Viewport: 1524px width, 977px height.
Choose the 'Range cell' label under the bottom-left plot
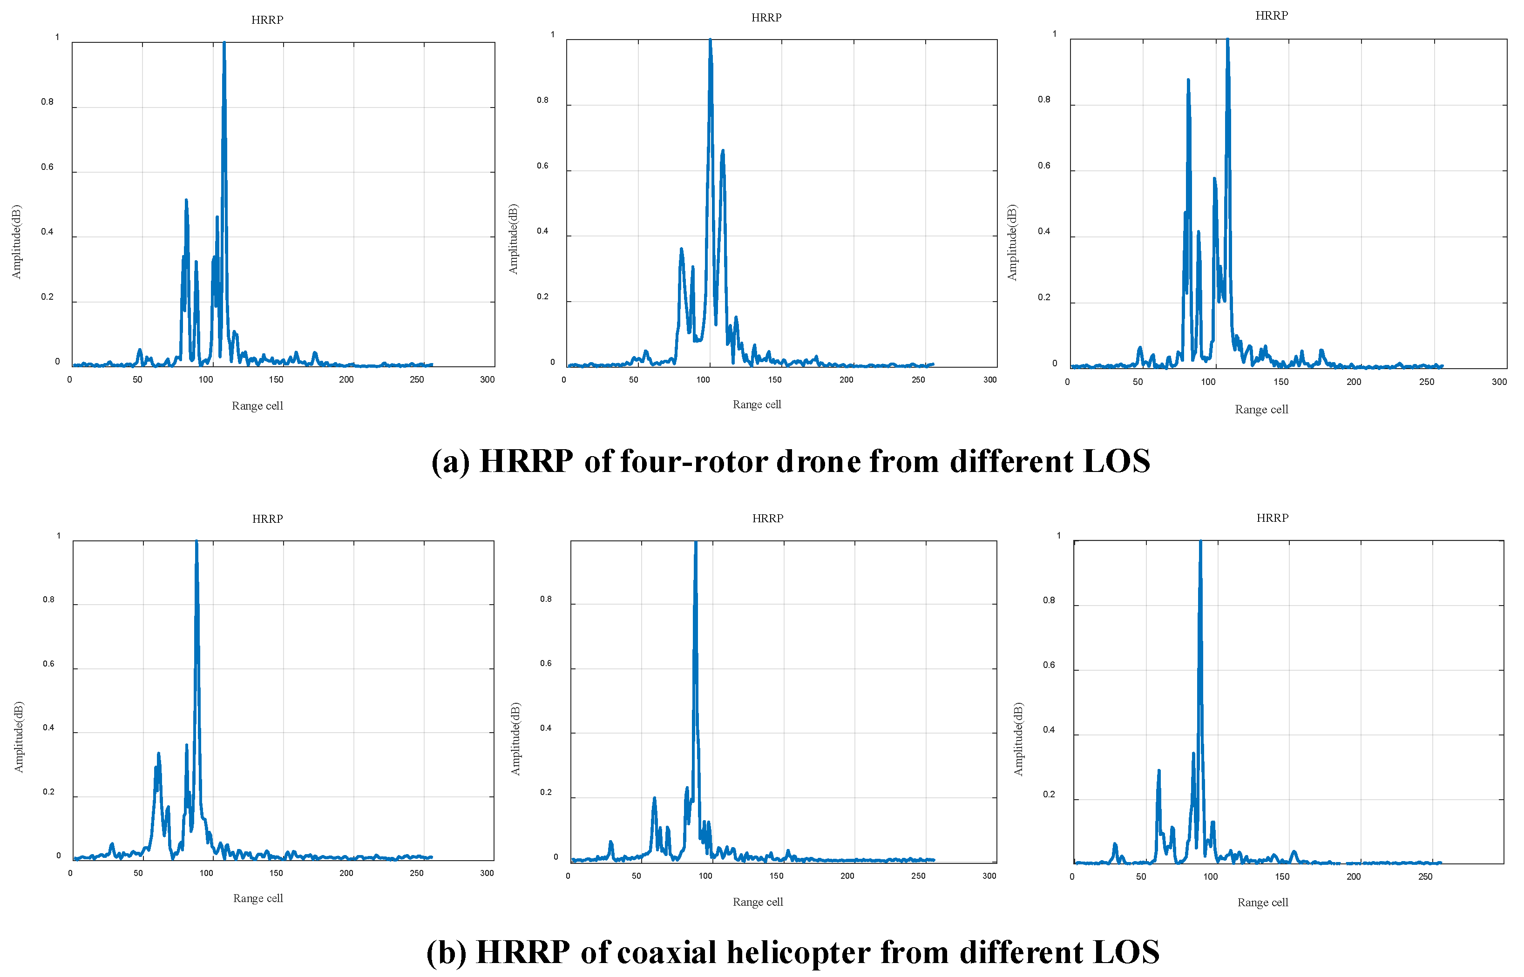click(x=257, y=898)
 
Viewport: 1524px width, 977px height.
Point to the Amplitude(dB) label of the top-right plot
click(x=1012, y=243)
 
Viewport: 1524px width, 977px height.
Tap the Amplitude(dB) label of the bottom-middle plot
click(x=515, y=739)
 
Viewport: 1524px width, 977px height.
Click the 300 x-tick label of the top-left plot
click(x=487, y=379)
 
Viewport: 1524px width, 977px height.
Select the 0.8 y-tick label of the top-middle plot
click(x=542, y=100)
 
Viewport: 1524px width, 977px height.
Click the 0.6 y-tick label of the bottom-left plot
click(x=48, y=664)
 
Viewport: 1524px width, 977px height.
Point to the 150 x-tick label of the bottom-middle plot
click(x=776, y=876)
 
